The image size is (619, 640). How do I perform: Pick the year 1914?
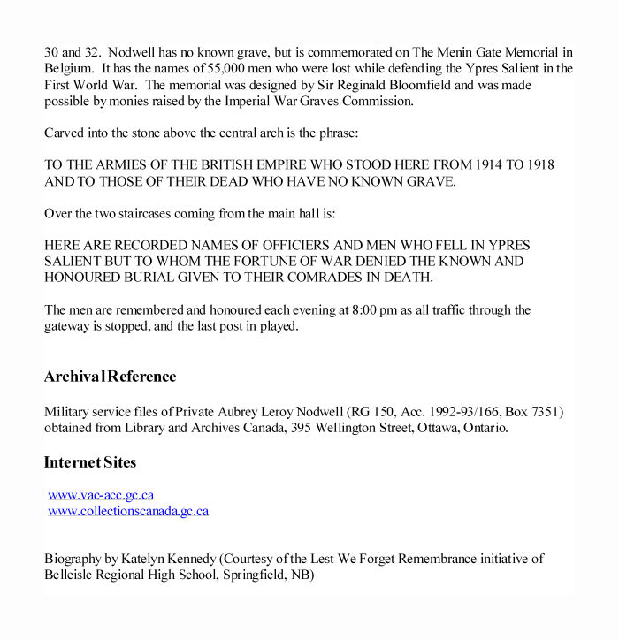(466, 166)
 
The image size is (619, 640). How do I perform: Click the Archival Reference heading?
(110, 377)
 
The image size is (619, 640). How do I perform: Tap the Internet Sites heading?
(89, 462)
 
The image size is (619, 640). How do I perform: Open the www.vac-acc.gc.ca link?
(101, 495)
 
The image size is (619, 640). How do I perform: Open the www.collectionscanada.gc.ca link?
(128, 511)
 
